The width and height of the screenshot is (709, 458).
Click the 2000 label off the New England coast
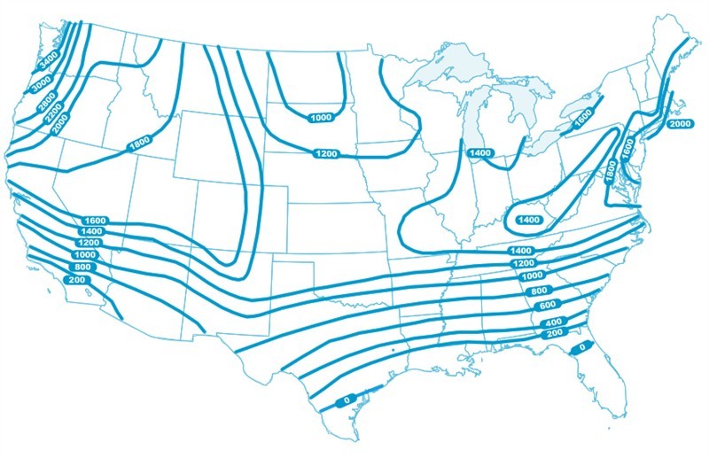(680, 124)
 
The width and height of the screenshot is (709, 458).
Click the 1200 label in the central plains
(325, 154)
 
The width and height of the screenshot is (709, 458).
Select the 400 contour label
(552, 322)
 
